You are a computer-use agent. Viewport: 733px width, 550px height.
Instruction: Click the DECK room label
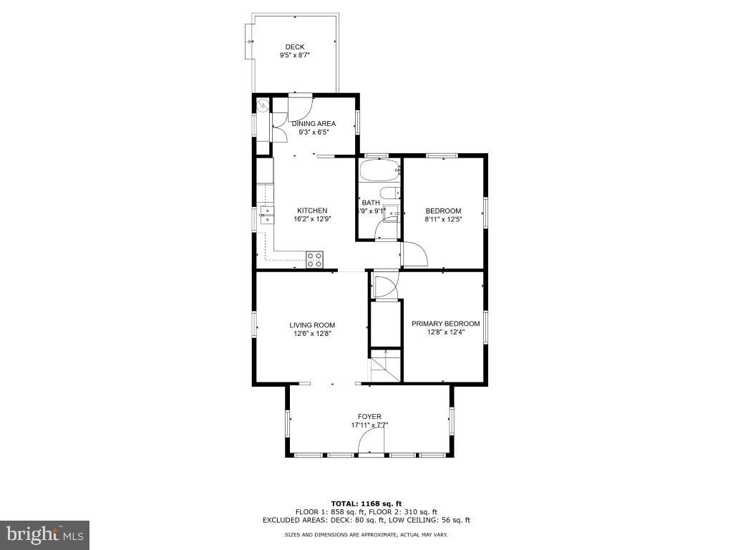click(294, 47)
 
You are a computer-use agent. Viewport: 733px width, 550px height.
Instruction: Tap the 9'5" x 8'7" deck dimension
click(294, 56)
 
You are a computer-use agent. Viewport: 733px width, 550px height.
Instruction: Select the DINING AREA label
click(314, 124)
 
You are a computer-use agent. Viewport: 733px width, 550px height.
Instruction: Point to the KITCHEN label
click(313, 211)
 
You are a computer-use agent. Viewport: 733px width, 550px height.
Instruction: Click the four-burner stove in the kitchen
click(314, 259)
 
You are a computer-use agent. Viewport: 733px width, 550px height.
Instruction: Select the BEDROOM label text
click(443, 211)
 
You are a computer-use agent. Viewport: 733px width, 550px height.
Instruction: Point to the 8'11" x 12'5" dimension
click(443, 219)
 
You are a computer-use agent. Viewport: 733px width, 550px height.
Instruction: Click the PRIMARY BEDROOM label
click(445, 324)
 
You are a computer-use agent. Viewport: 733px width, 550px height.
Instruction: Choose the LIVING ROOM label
click(312, 325)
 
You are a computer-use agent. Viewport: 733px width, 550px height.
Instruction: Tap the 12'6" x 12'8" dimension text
click(312, 333)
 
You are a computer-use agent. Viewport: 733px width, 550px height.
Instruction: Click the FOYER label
click(369, 417)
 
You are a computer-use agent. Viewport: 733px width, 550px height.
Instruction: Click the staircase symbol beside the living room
click(384, 367)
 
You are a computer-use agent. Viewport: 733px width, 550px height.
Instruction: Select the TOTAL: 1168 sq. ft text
click(366, 503)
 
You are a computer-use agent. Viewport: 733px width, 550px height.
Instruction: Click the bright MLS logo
click(44, 534)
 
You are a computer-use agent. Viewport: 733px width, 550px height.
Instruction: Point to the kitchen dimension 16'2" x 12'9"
click(313, 219)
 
